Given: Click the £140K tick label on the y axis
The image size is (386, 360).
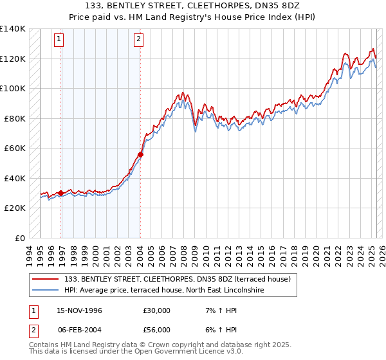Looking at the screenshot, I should click(13, 29).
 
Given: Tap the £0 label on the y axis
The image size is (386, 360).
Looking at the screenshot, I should click(19, 238).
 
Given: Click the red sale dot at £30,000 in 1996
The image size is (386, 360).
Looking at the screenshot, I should click(61, 193).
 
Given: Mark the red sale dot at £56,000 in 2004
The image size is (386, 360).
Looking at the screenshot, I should click(140, 154).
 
